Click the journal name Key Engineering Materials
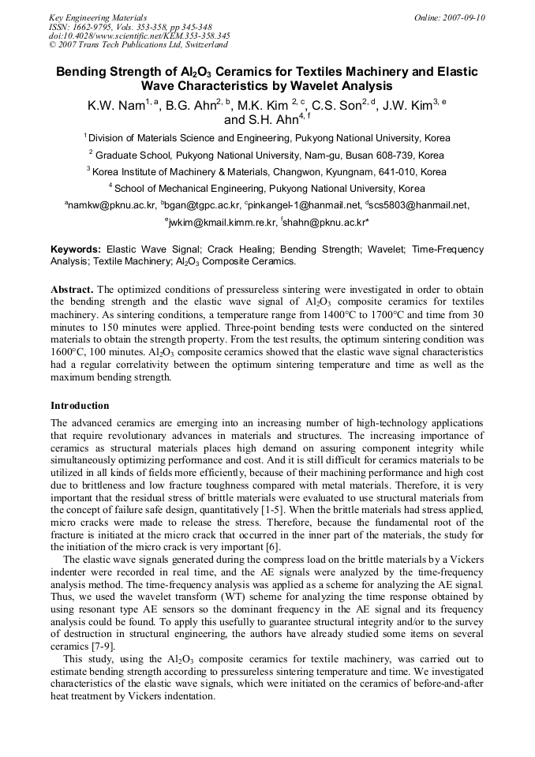97,17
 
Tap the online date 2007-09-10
462,17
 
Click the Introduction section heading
80,405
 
